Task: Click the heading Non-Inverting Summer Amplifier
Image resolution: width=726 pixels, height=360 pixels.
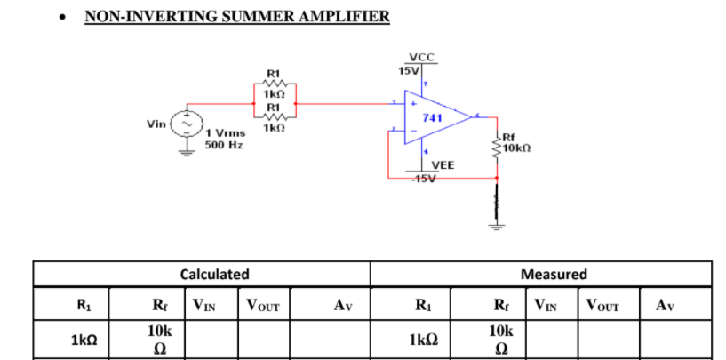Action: [236, 16]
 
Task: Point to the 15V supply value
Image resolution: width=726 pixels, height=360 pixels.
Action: [408, 69]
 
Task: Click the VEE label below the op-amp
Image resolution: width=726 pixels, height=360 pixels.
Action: [443, 165]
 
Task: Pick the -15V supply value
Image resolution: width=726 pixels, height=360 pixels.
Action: [426, 178]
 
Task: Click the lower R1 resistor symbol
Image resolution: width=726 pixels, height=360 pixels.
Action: [273, 116]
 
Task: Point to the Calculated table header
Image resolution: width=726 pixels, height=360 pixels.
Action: [214, 275]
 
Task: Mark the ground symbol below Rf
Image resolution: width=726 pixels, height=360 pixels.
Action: [496, 222]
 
